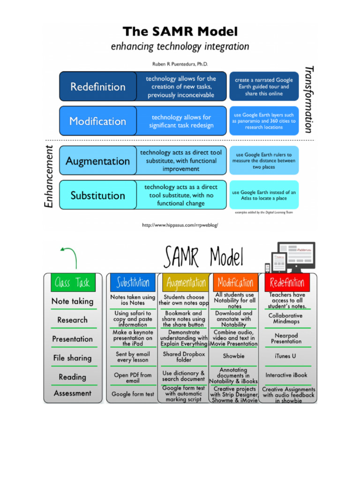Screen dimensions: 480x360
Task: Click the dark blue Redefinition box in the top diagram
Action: (x=98, y=87)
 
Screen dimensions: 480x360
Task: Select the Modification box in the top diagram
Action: (x=98, y=121)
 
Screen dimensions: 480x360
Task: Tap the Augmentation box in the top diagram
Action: (x=98, y=161)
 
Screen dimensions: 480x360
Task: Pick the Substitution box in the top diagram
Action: (x=98, y=195)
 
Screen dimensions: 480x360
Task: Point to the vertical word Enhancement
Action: (x=49, y=176)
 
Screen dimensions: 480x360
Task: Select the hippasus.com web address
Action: (x=180, y=225)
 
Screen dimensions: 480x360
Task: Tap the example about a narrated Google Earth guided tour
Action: (x=264, y=87)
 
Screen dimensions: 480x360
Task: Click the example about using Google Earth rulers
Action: (x=264, y=161)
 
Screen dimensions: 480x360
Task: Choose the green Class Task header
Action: (x=72, y=283)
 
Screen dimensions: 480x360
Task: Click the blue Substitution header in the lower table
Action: (x=133, y=283)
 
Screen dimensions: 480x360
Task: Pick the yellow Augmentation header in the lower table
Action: (x=186, y=283)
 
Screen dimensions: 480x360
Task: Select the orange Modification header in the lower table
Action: (x=236, y=283)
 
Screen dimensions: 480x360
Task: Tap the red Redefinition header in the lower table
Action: (x=287, y=283)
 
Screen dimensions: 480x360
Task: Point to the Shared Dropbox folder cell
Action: (x=184, y=357)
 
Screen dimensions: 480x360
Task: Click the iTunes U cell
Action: (x=286, y=356)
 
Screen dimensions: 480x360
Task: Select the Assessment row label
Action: (x=72, y=393)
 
